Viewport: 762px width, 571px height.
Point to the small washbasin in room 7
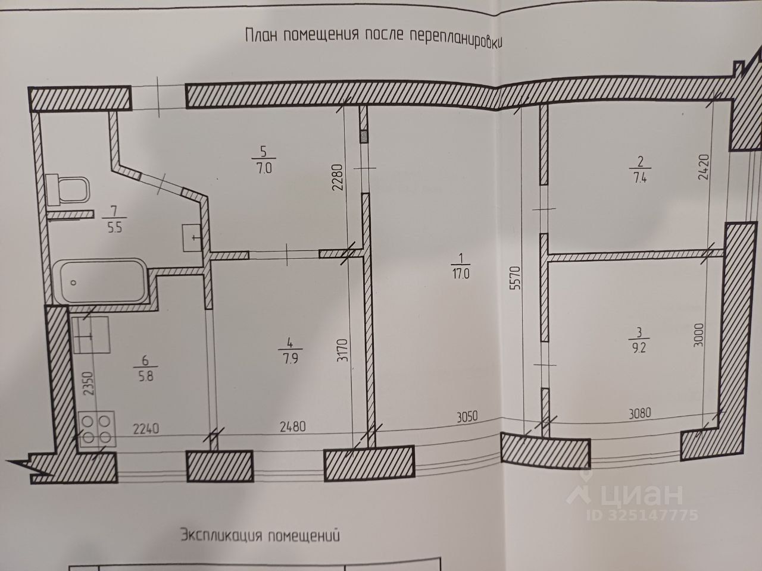[x=192, y=237]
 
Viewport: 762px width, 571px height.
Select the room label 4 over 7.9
[x=290, y=350]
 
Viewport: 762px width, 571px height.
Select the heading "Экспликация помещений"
[x=260, y=536]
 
